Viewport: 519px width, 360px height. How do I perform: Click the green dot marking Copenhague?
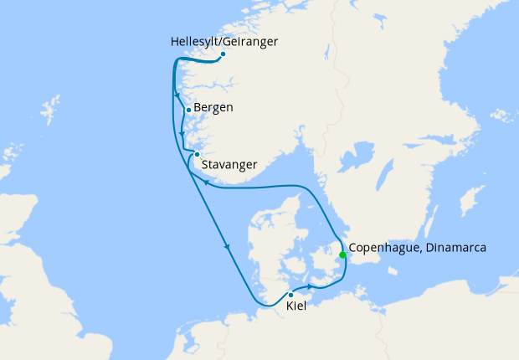(342, 255)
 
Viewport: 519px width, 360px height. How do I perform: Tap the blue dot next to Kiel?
(290, 295)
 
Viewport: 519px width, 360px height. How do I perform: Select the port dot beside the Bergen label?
(189, 110)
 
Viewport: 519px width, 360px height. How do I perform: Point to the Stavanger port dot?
(197, 154)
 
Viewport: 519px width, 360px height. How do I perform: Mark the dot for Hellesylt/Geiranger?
(223, 54)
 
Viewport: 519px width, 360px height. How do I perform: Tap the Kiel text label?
(295, 307)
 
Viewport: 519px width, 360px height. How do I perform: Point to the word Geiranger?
(252, 41)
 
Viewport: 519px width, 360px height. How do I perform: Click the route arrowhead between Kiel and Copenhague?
(311, 287)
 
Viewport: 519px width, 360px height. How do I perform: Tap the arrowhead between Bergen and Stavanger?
(182, 132)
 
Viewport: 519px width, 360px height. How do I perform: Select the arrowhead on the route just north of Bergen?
(177, 95)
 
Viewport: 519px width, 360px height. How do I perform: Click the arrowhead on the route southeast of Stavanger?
(206, 182)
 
